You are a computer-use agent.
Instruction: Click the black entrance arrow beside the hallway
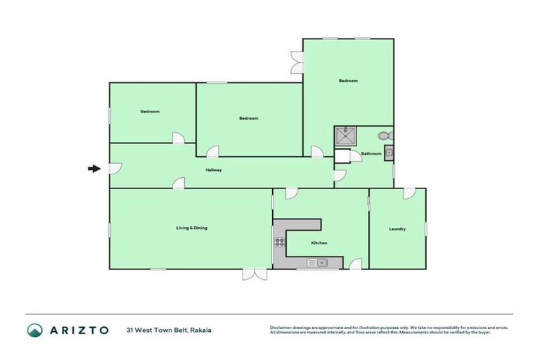(x=93, y=169)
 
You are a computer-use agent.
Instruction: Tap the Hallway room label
(x=214, y=170)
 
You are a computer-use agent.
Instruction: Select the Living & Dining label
(x=191, y=228)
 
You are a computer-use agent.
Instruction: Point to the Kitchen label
(x=319, y=243)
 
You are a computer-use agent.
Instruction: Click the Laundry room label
(x=398, y=230)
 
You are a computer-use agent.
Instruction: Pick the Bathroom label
(x=371, y=153)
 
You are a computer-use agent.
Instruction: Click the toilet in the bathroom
(x=385, y=136)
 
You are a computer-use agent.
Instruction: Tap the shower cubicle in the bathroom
(x=345, y=135)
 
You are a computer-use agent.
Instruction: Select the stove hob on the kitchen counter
(x=279, y=243)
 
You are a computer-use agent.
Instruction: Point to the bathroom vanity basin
(x=388, y=154)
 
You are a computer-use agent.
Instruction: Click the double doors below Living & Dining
(x=255, y=274)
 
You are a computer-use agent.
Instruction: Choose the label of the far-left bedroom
(x=150, y=112)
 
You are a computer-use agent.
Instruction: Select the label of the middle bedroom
(x=248, y=118)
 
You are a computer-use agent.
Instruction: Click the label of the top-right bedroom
(x=348, y=81)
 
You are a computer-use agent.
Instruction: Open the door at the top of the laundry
(x=409, y=193)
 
